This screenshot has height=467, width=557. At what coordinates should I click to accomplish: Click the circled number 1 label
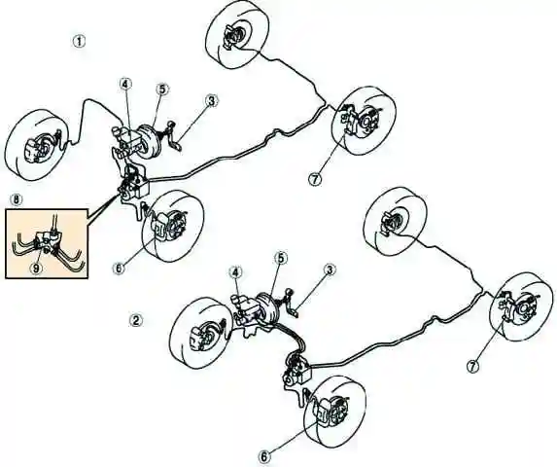point(79,42)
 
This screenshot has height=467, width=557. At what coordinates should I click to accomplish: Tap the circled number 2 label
point(135,320)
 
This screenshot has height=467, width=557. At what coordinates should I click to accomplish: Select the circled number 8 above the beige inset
point(17,199)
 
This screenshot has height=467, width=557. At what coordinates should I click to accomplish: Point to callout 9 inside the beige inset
point(36,268)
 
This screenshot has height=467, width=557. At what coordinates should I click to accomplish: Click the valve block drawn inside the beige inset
point(47,241)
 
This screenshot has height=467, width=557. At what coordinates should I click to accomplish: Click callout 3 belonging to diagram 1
point(212,101)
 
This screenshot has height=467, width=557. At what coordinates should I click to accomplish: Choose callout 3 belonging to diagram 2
point(330,270)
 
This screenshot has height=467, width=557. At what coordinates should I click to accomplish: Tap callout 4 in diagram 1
point(125,85)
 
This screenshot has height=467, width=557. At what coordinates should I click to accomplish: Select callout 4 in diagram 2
point(236,272)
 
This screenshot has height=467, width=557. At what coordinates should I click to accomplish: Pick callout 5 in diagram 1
point(162,90)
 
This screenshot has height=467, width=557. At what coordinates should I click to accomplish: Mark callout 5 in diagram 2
point(280,258)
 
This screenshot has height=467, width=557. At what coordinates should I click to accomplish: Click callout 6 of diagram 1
point(119,268)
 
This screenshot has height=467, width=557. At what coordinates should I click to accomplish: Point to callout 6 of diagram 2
point(264,456)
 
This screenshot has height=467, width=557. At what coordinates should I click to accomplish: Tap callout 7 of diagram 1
point(315,179)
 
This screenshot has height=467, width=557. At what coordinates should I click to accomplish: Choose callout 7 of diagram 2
point(472,366)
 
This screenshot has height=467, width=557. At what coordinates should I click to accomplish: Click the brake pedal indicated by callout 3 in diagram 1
point(173,137)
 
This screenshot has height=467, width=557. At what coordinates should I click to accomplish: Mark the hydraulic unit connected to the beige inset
point(133,184)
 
